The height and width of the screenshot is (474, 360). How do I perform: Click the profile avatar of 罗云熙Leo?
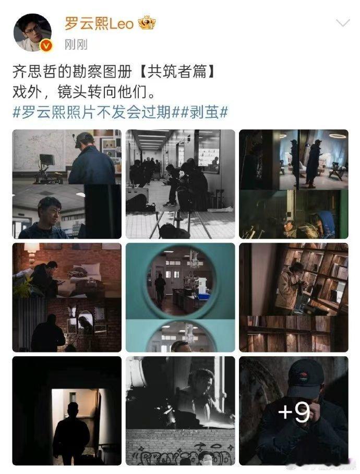pyautogui.click(x=32, y=32)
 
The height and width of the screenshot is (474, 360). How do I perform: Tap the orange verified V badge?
pyautogui.click(x=46, y=46)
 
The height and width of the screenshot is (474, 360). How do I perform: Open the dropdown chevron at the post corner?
pyautogui.click(x=342, y=23)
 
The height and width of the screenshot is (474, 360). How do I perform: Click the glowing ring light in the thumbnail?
pyautogui.click(x=337, y=137)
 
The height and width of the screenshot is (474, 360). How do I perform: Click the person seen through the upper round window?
pyautogui.click(x=160, y=287)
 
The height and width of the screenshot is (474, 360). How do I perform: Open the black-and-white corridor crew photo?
pyautogui.click(x=180, y=184)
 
